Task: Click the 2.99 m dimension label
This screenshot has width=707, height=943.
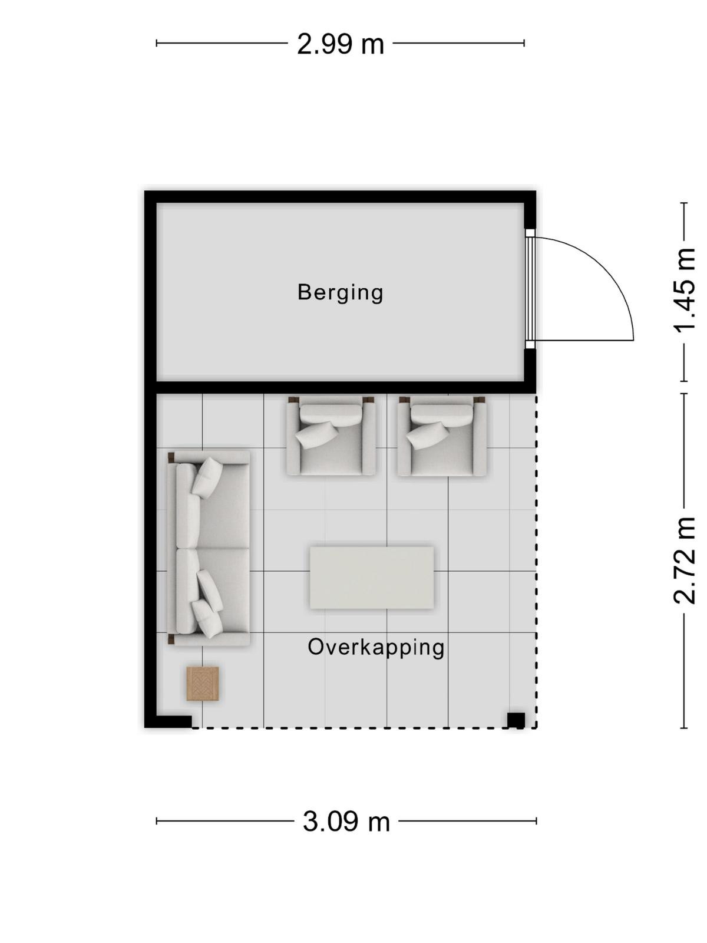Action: click(340, 44)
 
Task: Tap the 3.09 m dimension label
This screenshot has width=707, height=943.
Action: click(346, 822)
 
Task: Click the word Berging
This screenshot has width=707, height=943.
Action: click(340, 294)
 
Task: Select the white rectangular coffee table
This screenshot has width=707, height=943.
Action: click(372, 578)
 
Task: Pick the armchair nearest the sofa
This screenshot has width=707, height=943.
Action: click(331, 436)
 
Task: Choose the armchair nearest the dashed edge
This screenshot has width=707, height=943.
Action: click(442, 436)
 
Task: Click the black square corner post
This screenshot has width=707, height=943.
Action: click(516, 720)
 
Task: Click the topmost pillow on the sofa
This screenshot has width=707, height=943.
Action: click(207, 478)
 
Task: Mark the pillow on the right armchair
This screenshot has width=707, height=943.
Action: click(428, 435)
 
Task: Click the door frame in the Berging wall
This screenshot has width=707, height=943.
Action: click(531, 289)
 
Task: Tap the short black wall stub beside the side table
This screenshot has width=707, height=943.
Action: click(174, 721)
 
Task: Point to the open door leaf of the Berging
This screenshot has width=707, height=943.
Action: click(584, 340)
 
